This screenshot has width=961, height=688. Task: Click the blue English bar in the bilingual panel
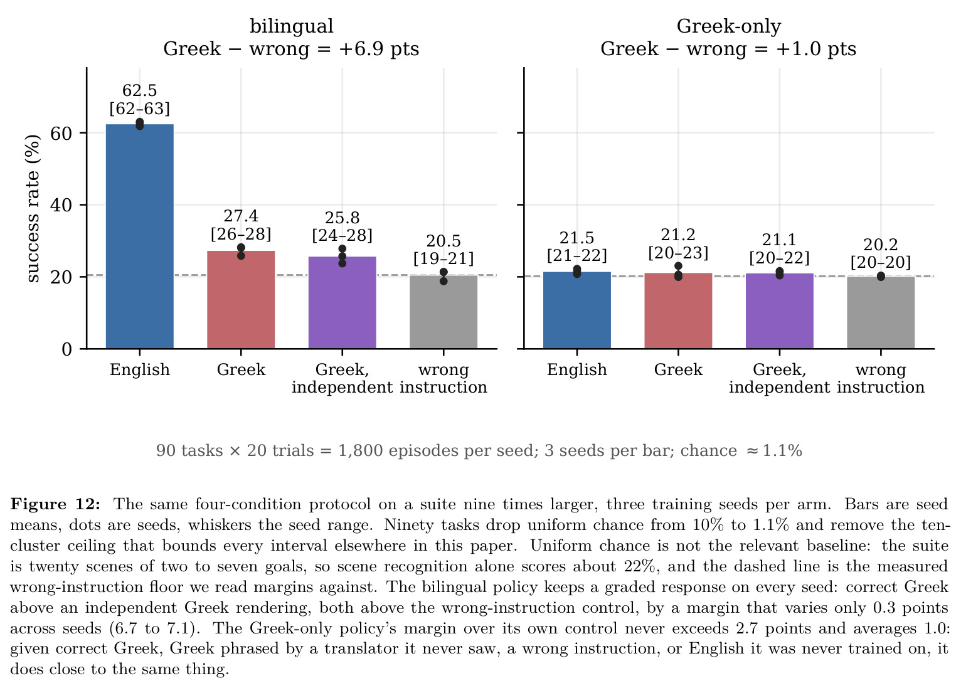tap(140, 236)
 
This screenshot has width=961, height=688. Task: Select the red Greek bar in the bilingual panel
tap(241, 300)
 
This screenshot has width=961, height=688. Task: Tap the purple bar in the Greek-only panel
tap(780, 311)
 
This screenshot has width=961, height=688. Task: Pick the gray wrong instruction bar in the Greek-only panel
tap(881, 313)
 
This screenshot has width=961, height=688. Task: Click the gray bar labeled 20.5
tap(443, 312)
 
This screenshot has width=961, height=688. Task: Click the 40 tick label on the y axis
tap(61, 205)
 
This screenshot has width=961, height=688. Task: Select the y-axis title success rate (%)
tap(33, 208)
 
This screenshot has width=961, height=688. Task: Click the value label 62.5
tap(140, 90)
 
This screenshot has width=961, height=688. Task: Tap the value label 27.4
tap(241, 216)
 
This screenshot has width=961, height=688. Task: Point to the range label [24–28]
tap(342, 235)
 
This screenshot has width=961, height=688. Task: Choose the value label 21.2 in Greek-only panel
tap(678, 235)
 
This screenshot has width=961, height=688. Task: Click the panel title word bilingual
tap(292, 26)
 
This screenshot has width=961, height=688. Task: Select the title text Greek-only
tap(729, 26)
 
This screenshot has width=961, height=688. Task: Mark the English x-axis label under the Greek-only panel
tap(577, 369)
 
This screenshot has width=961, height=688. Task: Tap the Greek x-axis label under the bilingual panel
tap(241, 369)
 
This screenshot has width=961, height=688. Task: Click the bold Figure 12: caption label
tap(55, 504)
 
